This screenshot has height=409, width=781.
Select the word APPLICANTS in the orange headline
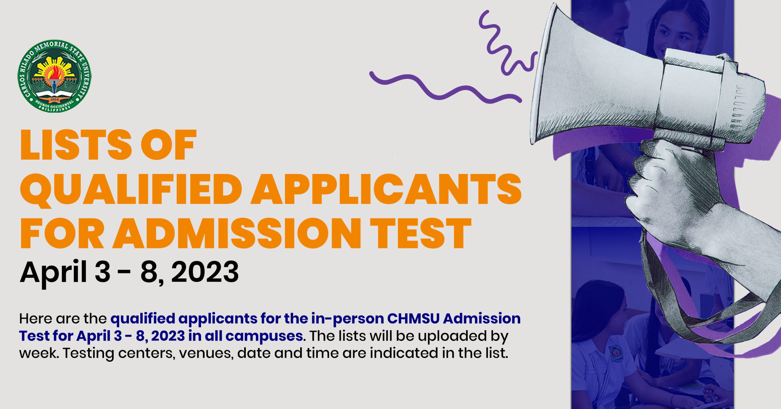tap(386, 190)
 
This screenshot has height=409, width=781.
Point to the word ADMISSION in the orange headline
tap(237, 233)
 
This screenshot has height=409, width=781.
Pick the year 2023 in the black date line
tap(205, 272)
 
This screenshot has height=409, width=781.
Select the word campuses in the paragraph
tap(264, 336)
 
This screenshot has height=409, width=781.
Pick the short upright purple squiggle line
tap(503, 43)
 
